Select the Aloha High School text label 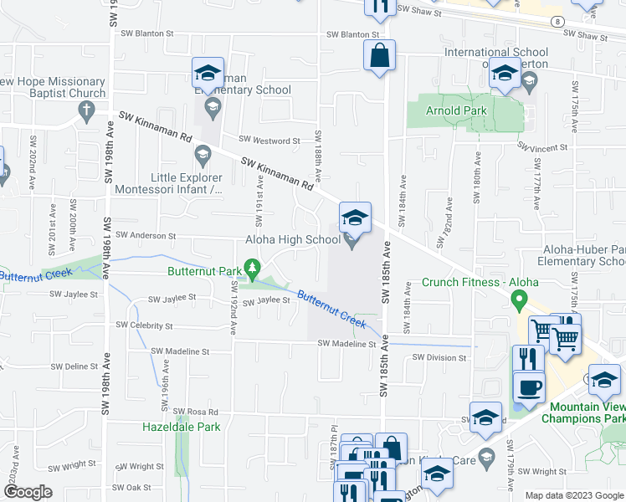(x=292, y=240)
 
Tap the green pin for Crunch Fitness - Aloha (x=519, y=299)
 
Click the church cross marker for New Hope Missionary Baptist (x=85, y=110)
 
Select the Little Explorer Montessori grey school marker (x=202, y=155)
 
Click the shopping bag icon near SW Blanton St (x=379, y=57)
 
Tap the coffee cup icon (x=528, y=388)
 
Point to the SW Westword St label (x=269, y=141)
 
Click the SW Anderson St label (x=146, y=236)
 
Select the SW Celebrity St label (x=144, y=325)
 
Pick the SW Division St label (x=439, y=358)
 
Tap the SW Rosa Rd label (x=195, y=412)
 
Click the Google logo (x=28, y=492)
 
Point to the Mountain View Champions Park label (x=582, y=412)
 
